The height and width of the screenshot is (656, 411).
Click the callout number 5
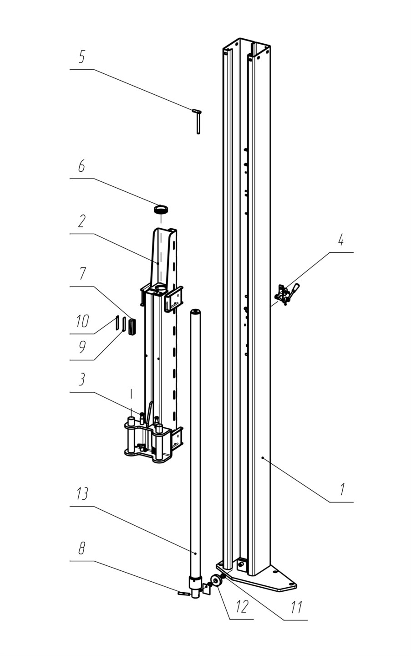click(x=82, y=57)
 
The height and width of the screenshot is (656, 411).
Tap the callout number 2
click(x=82, y=221)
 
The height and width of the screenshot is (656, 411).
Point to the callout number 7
click(x=83, y=274)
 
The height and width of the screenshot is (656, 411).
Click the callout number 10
click(x=82, y=321)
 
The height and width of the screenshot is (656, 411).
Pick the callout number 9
click(x=82, y=347)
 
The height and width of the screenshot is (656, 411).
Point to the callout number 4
click(x=340, y=241)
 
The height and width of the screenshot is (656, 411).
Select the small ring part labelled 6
click(x=161, y=210)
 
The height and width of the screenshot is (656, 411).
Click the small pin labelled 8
click(x=183, y=594)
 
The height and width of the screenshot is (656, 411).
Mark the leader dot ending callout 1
click(x=263, y=458)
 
